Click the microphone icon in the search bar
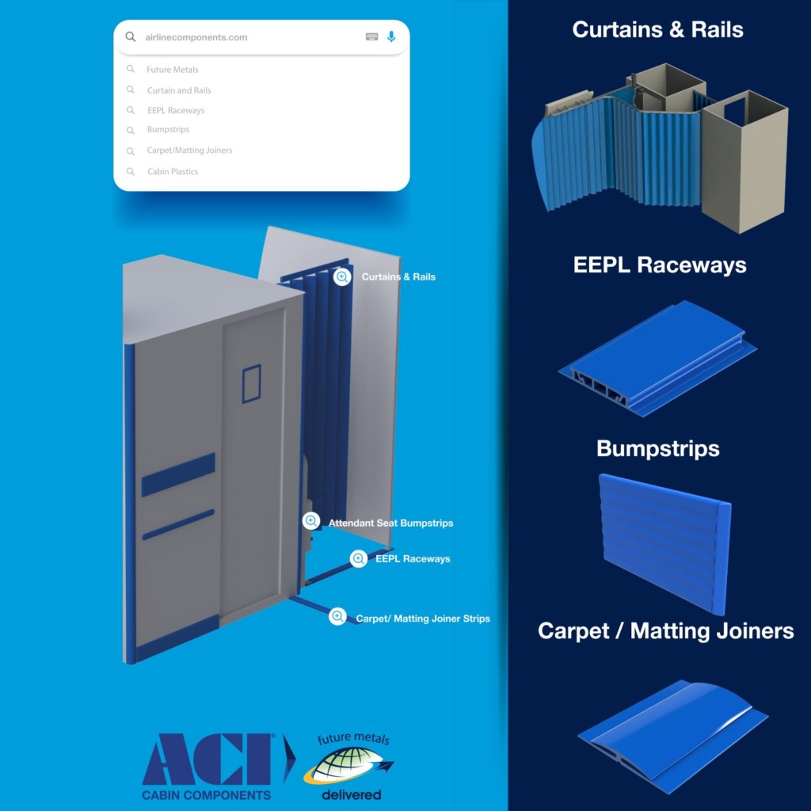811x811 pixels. click(391, 37)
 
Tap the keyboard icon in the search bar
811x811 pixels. click(371, 37)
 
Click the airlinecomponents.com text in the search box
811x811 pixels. click(196, 37)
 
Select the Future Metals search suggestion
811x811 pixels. click(172, 70)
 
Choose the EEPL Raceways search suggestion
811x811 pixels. click(175, 111)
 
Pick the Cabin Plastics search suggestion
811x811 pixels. click(172, 171)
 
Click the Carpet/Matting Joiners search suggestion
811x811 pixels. click(189, 150)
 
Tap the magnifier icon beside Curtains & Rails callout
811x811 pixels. click(342, 277)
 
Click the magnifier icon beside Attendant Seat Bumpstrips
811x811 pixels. click(311, 521)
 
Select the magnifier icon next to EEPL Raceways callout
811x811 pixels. click(359, 558)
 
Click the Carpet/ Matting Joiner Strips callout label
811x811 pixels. click(422, 619)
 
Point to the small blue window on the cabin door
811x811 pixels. click(251, 383)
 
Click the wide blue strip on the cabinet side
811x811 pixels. click(178, 474)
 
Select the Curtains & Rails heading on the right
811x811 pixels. click(657, 30)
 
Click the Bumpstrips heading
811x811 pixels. click(657, 448)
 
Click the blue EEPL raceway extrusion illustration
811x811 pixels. click(657, 360)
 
